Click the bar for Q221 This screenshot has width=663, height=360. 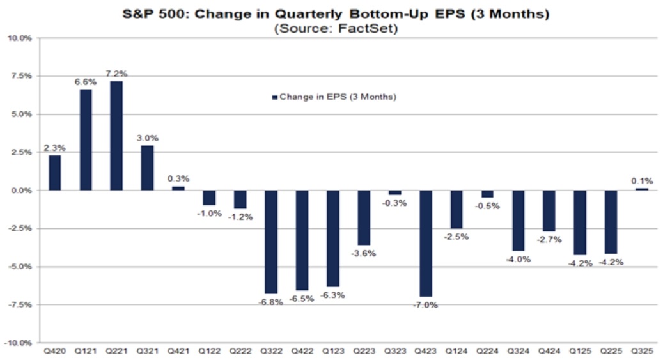[x=116, y=136]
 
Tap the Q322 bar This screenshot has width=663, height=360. [x=270, y=242]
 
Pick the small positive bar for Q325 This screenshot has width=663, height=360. [x=641, y=189]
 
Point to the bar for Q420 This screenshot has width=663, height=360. [x=54, y=173]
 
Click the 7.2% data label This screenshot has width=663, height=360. [x=117, y=74]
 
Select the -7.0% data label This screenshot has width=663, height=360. [x=425, y=305]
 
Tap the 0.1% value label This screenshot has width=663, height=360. [x=641, y=182]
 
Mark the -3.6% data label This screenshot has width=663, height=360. [x=364, y=253]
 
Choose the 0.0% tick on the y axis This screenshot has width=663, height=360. [x=20, y=191]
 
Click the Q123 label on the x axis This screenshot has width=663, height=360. [x=332, y=352]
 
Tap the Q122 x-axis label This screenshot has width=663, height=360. [x=208, y=352]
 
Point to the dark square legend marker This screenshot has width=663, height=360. [x=274, y=97]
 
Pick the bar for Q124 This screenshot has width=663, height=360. [x=456, y=210]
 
